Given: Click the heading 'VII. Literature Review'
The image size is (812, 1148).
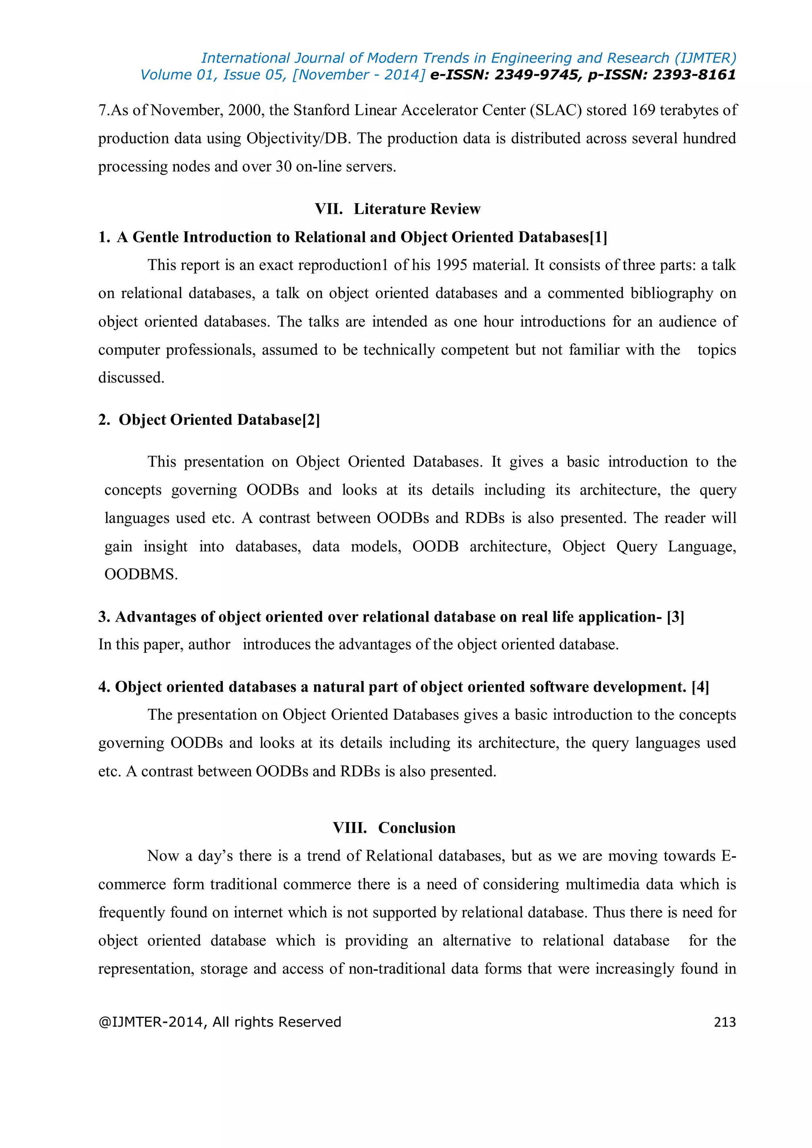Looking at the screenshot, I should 398,209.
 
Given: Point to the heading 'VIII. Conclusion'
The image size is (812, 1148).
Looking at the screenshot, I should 394,827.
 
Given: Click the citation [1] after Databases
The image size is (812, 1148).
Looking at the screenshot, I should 599,237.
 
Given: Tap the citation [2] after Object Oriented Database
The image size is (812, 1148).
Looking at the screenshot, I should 311,420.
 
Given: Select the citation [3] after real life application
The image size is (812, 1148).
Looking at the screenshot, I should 675,617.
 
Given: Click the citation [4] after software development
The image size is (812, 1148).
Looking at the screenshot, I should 700,687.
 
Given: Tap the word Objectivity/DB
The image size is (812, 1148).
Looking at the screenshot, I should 297,138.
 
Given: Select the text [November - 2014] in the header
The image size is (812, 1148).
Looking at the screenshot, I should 358,75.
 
